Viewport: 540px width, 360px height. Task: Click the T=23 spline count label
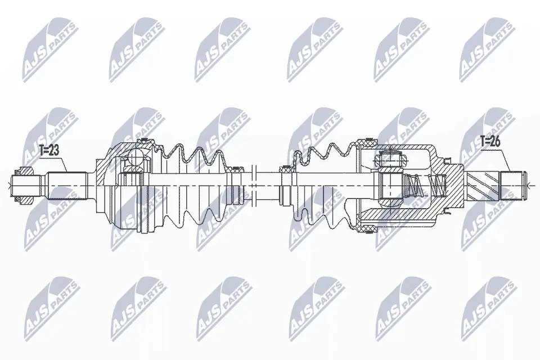tap(50, 150)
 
